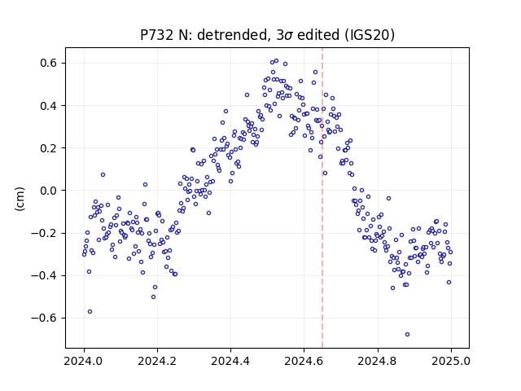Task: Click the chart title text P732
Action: [157, 35]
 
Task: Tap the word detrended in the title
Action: [232, 35]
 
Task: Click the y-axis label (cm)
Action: [20, 199]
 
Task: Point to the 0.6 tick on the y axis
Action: [49, 63]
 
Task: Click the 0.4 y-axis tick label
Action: [49, 105]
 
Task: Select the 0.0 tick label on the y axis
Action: [49, 191]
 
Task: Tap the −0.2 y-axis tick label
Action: [45, 233]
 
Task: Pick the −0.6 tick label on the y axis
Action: [45, 319]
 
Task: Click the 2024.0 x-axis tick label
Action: [84, 361]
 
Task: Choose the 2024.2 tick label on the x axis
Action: [157, 361]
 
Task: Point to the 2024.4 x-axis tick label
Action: [230, 361]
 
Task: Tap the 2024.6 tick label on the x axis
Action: [304, 361]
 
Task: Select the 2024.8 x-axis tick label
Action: [377, 361]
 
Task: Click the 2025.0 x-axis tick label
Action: [451, 361]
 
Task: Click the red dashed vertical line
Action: [322, 198]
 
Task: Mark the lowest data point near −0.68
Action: [407, 334]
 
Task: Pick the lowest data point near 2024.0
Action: [90, 311]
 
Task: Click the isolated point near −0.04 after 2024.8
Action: [389, 199]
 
